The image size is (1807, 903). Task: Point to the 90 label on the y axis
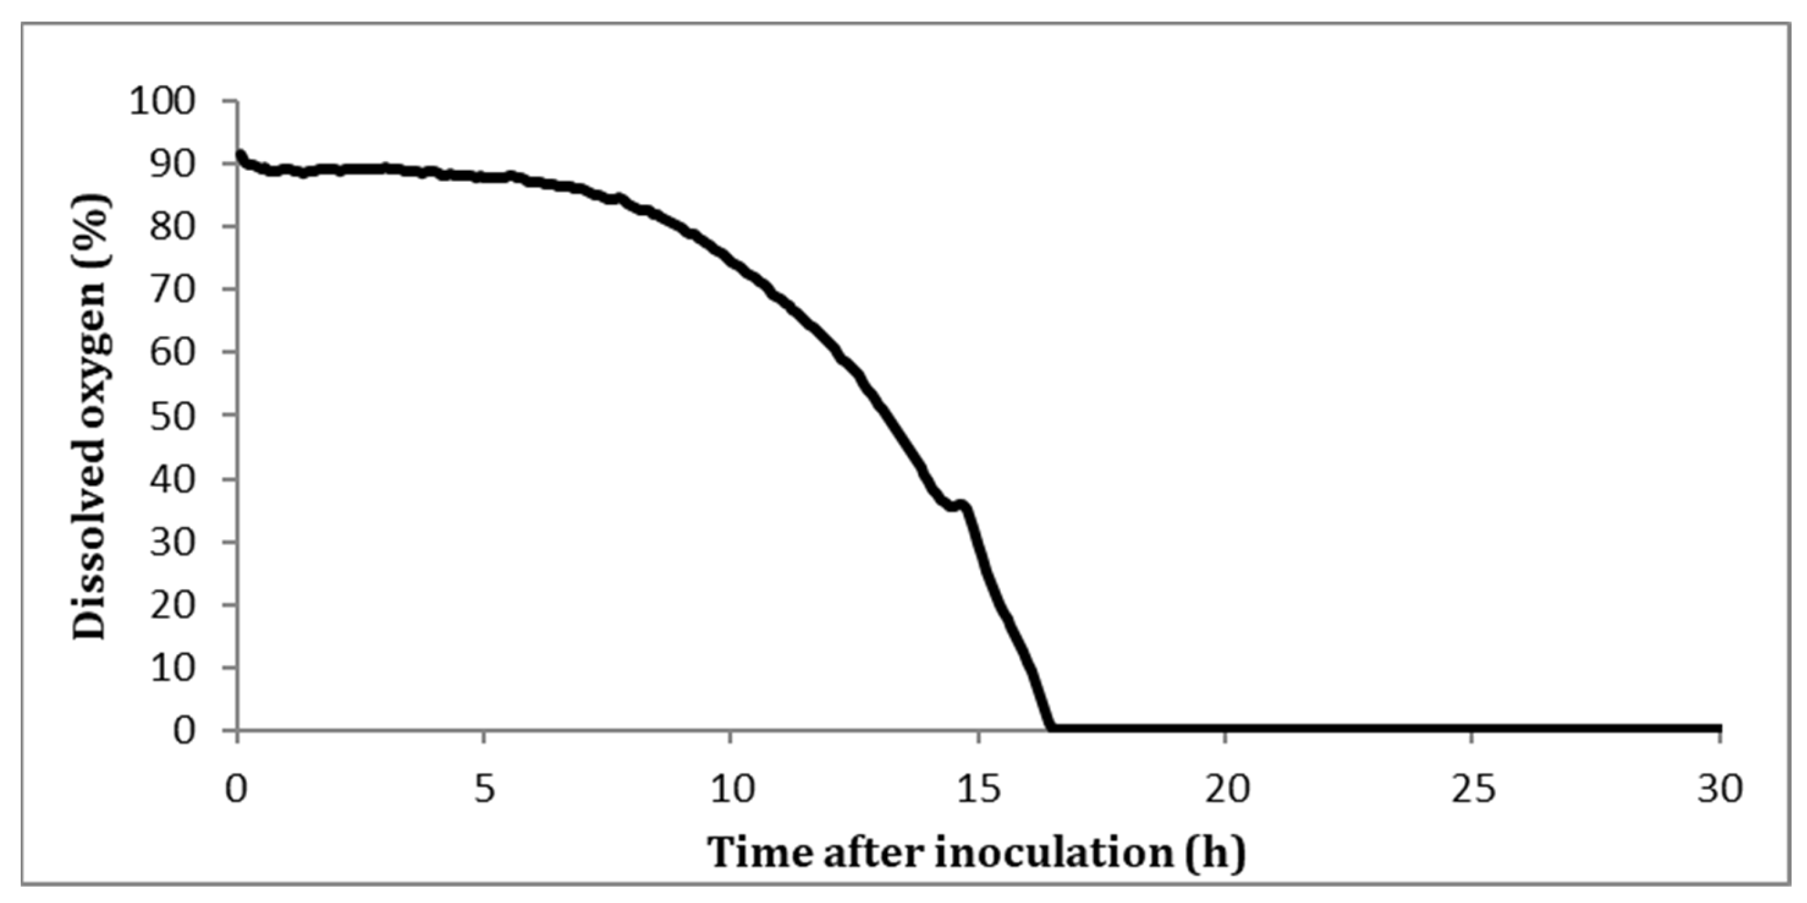pos(171,164)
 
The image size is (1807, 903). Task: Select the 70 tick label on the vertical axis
pos(171,290)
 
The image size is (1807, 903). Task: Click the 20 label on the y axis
pos(171,605)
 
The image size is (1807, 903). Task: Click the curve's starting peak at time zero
pos(240,155)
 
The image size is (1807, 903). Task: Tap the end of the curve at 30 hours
pos(1718,728)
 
